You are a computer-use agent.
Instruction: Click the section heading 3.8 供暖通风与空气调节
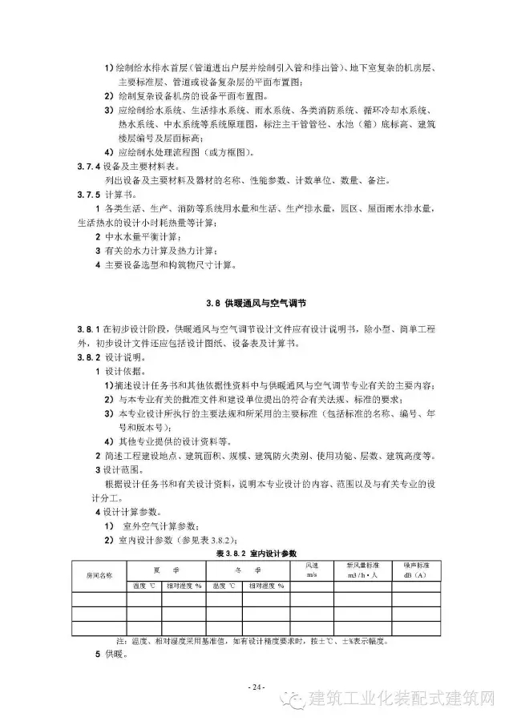click(x=256, y=304)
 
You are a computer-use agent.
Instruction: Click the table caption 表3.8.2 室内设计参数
click(x=256, y=554)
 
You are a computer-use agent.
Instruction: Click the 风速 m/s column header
click(x=311, y=570)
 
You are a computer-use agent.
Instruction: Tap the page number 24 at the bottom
click(x=256, y=687)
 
